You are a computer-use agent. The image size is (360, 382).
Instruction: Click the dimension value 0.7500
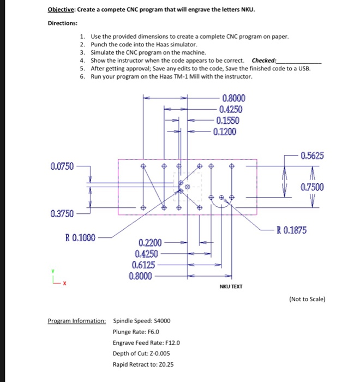312,187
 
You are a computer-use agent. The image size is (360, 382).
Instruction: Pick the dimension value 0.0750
61,165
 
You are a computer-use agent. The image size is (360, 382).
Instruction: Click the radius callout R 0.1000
80,237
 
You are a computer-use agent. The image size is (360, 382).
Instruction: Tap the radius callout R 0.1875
292,230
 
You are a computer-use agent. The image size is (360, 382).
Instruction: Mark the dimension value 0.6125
143,265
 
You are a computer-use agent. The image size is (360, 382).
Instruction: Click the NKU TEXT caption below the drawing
231,286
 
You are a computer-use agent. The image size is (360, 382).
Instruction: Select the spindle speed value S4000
160,321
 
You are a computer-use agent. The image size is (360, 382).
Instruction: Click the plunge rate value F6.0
149,332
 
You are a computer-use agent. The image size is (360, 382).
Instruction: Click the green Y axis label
53,271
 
